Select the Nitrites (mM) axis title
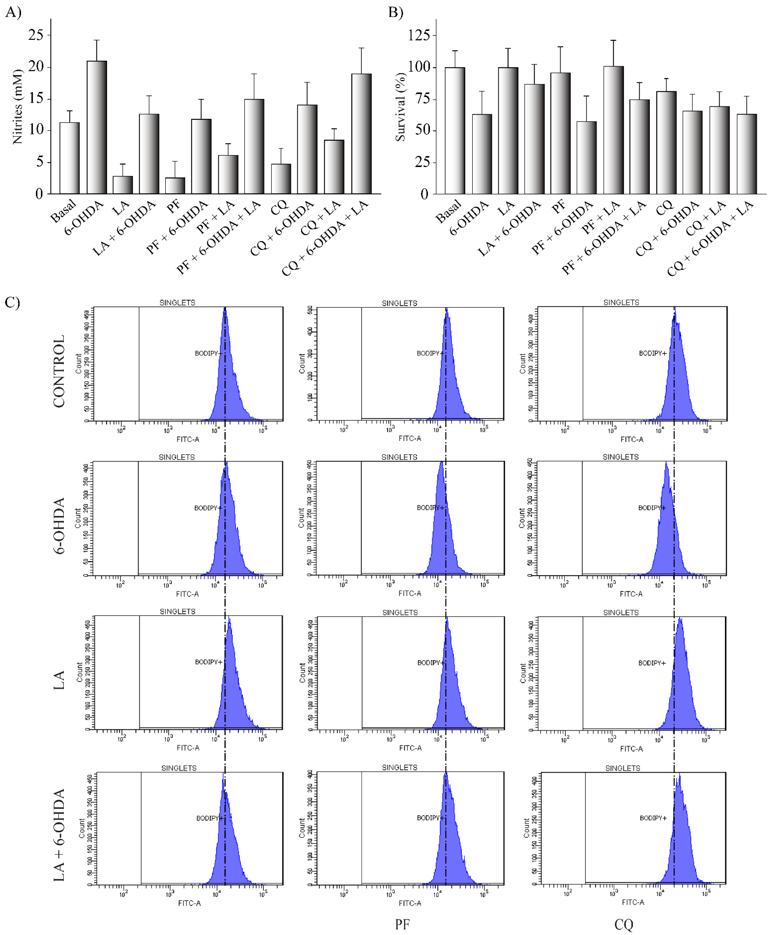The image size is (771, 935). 17,107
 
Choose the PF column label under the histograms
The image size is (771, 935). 402,924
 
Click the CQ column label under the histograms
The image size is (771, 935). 623,924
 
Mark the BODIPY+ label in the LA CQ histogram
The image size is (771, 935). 652,663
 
